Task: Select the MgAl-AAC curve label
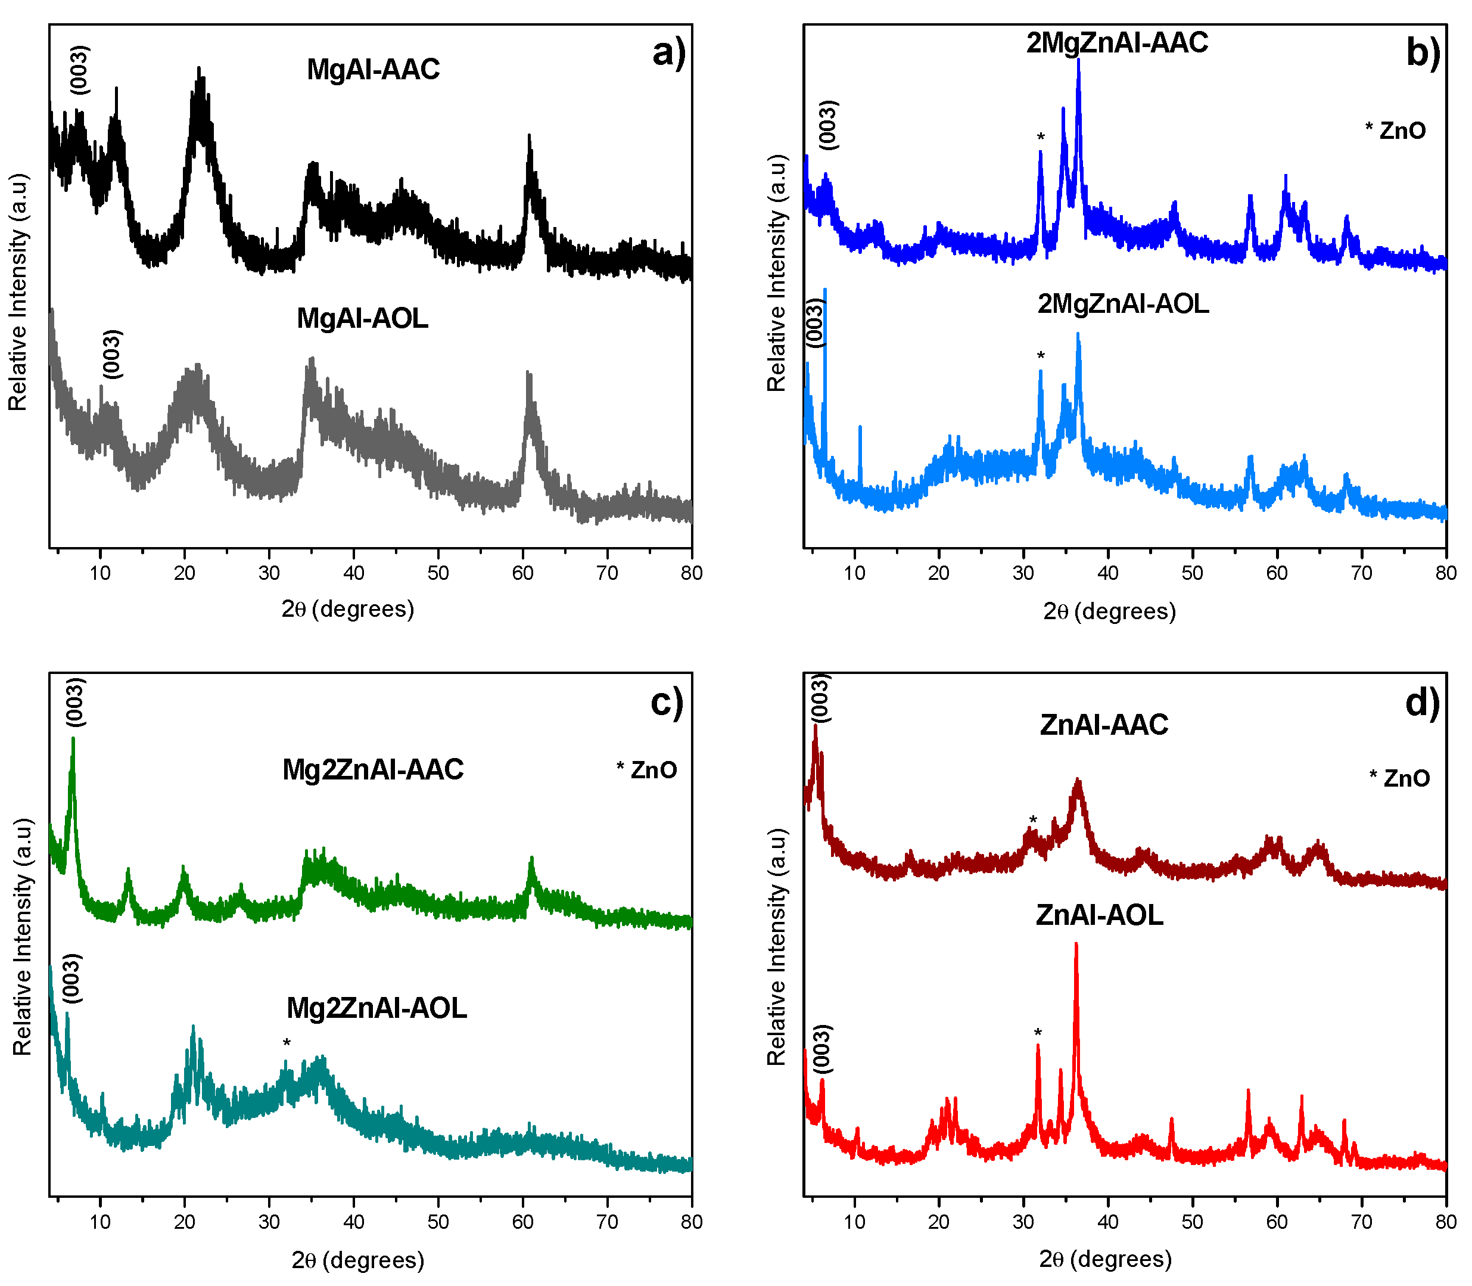[373, 70]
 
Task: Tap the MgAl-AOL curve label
[362, 318]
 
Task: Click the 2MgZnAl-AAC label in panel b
[1117, 43]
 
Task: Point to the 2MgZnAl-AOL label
[1123, 305]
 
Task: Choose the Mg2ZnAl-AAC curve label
[373, 769]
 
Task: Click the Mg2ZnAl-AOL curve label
[376, 1008]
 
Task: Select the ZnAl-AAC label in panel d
[1104, 725]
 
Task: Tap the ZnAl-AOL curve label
[1100, 916]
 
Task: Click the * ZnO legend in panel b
[1395, 131]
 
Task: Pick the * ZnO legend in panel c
[646, 770]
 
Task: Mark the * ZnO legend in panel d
[1399, 778]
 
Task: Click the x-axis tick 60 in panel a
[523, 573]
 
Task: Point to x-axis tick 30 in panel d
[1023, 1222]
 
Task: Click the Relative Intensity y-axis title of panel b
[777, 273]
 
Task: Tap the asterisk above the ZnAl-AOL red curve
[1038, 1033]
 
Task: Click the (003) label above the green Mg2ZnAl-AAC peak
[75, 702]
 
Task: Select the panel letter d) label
[1422, 702]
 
